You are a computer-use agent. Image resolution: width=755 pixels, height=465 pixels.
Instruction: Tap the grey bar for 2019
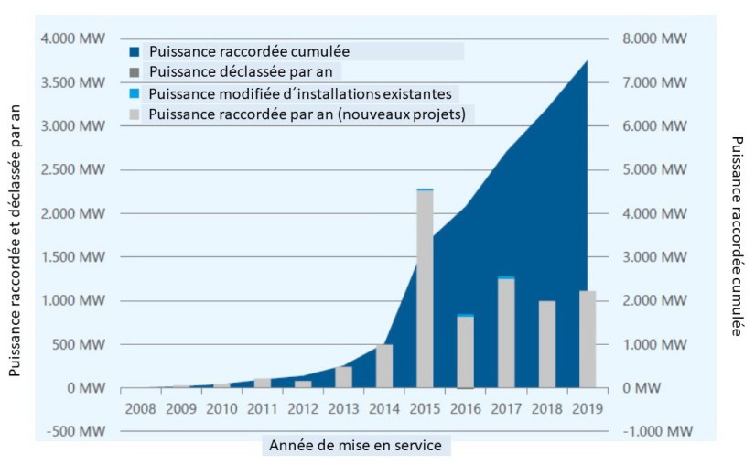point(587,339)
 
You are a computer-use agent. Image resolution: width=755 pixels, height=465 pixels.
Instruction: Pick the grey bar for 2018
point(546,343)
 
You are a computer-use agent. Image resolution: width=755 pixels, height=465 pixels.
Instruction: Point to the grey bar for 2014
point(384,365)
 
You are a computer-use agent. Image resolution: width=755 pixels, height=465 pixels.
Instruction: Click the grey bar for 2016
point(465,351)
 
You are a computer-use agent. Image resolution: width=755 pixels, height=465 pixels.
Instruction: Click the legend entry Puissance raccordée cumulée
point(249,51)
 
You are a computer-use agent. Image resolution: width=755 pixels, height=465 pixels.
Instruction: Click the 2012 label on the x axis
point(304,408)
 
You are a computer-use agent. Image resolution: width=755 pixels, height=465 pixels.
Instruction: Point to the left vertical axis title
point(16,240)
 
